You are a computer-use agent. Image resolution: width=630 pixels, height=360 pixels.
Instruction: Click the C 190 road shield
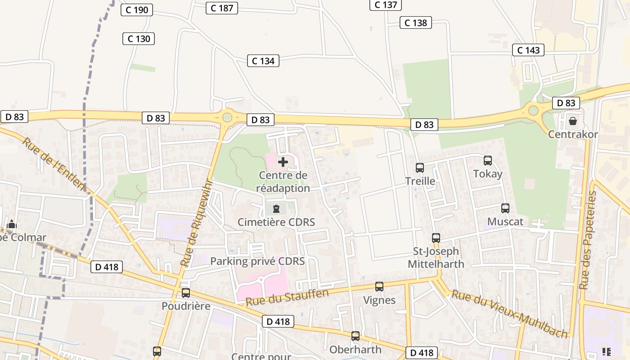137,10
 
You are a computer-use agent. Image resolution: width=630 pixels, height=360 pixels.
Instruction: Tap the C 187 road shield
221,8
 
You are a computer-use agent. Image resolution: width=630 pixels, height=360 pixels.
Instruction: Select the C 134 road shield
263,61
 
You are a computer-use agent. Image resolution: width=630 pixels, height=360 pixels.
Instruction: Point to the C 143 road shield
528,50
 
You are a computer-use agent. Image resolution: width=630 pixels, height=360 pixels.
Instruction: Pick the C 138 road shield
415,22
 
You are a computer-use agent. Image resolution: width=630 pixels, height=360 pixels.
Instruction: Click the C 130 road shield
139,39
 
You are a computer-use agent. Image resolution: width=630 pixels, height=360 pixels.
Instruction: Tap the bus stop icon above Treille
420,168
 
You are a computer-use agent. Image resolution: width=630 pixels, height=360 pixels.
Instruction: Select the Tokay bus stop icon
488,161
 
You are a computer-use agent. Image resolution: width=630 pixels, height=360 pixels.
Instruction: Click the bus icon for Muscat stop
505,208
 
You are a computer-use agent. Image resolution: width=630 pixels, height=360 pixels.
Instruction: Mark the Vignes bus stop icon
379,287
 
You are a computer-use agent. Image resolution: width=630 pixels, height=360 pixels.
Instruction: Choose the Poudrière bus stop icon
186,293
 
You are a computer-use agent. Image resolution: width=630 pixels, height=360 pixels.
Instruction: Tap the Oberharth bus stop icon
355,336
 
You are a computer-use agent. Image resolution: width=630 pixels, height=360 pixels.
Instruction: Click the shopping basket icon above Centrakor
573,121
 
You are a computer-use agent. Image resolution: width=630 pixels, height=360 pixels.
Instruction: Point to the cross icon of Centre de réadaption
283,162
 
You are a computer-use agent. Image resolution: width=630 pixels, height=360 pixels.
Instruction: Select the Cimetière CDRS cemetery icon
276,209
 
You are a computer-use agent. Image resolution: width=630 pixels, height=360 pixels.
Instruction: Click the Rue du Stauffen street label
287,298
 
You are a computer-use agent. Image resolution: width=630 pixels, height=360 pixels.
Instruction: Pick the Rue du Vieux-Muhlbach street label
509,314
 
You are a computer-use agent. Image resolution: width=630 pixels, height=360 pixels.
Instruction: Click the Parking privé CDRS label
257,261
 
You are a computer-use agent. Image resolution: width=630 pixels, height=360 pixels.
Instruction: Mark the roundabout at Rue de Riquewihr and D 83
227,117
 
